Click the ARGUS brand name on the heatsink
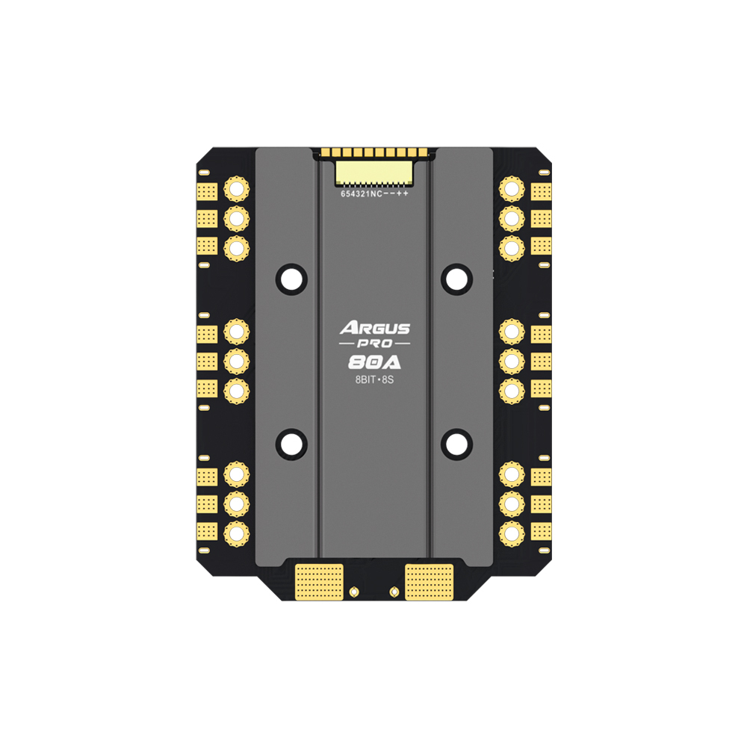click(x=375, y=328)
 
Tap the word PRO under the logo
click(x=375, y=344)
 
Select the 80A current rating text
click(x=374, y=363)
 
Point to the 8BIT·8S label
click(x=374, y=379)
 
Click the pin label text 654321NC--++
click(x=374, y=194)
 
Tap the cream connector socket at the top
click(x=374, y=173)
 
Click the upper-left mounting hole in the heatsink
click(x=291, y=279)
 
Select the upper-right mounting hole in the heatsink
click(x=457, y=279)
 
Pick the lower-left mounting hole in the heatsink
click(x=291, y=444)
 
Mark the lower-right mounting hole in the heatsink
click(x=457, y=444)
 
